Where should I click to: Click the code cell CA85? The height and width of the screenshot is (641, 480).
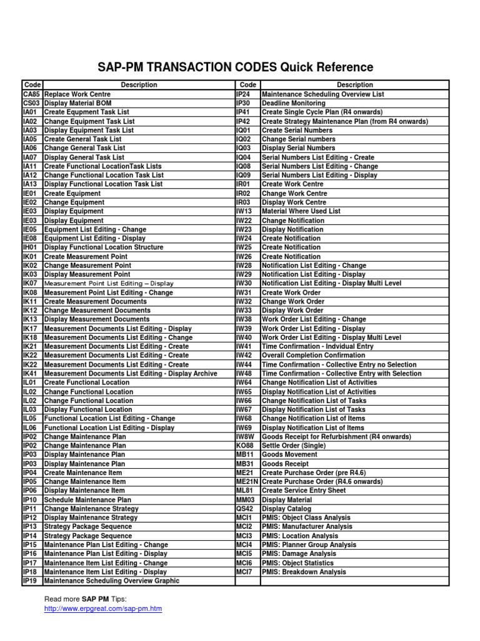pyautogui.click(x=31, y=94)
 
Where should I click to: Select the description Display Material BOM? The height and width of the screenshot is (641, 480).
pyautogui.click(x=77, y=103)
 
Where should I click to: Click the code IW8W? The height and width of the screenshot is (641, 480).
pyautogui.click(x=245, y=436)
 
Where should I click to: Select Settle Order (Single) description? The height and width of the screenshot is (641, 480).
pyautogui.click(x=293, y=446)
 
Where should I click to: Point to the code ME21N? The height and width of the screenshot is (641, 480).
pyautogui.click(x=247, y=481)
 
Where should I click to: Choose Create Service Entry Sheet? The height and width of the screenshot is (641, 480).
pyautogui.click(x=304, y=491)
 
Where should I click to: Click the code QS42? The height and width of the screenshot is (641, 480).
pyautogui.click(x=244, y=509)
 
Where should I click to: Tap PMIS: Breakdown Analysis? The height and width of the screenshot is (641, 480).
pyautogui.click(x=304, y=572)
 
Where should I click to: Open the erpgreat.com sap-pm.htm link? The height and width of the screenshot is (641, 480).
pyautogui.click(x=103, y=608)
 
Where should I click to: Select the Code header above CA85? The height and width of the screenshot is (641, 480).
pyautogui.click(x=32, y=85)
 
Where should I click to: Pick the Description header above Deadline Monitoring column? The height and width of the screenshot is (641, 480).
pyautogui.click(x=354, y=85)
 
